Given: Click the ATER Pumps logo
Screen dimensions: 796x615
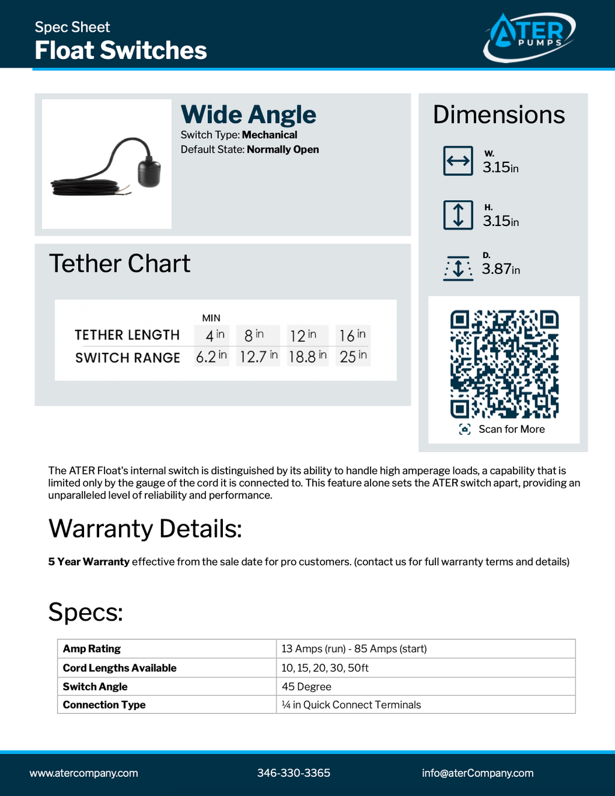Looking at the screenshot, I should [529, 36].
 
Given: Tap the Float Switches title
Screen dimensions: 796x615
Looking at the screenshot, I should [121, 51].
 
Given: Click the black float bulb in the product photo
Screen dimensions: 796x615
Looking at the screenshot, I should [150, 173].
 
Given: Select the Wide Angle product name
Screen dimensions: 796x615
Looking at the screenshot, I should [248, 114].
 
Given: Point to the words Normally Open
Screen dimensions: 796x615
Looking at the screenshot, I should [283, 150].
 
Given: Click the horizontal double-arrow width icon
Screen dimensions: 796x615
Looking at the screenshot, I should [458, 161].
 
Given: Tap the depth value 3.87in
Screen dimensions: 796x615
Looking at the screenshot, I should [500, 269].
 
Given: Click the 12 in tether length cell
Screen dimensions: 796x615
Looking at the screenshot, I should [303, 335].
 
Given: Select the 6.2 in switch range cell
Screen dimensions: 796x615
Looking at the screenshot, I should [211, 357].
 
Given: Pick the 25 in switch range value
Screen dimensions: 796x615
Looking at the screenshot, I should [353, 357].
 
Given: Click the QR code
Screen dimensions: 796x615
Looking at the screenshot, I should [504, 364].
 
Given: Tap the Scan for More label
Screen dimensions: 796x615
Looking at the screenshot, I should [511, 429].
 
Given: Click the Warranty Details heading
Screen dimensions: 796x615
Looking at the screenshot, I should [145, 529].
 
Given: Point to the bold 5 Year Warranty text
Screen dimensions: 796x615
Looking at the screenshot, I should [89, 562].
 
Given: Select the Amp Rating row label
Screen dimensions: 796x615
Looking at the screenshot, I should [92, 649].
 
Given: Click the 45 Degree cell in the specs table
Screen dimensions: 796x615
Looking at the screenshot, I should [306, 687].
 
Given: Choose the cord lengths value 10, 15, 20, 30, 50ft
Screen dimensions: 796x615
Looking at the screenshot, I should [325, 668].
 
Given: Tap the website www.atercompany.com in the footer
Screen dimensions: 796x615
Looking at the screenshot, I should [84, 773].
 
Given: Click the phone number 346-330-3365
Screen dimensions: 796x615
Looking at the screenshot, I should [294, 773].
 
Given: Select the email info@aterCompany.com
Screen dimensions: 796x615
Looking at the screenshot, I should [477, 773].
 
